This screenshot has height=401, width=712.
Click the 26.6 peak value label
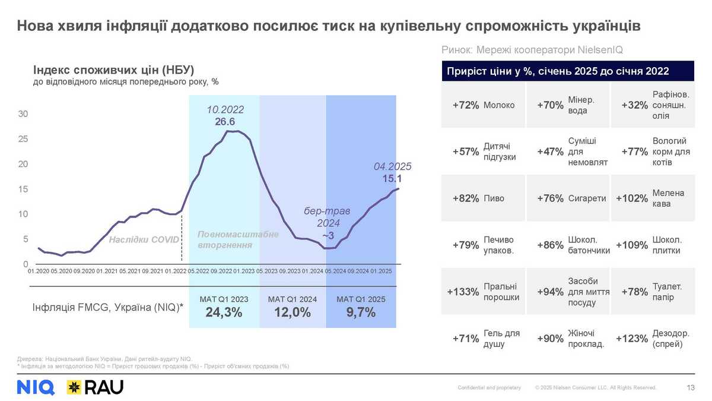coord(225,122)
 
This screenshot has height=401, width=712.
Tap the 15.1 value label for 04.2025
coord(392,178)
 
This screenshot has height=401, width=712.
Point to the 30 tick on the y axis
coord(24,114)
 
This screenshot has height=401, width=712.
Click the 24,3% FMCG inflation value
coord(224,313)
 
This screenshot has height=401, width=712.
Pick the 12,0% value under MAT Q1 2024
coord(293,313)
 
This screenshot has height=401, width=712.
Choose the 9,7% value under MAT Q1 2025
coord(361,313)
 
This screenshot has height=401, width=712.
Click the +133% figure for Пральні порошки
coord(463,292)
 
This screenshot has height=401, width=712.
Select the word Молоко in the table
coord(499,105)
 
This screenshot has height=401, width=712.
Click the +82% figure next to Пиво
coord(466,198)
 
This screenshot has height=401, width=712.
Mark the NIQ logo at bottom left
coord(36,387)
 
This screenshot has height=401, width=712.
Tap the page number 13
coord(691,388)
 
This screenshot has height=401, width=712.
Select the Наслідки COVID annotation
coord(144,240)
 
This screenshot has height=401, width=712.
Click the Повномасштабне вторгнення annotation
coord(237,239)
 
